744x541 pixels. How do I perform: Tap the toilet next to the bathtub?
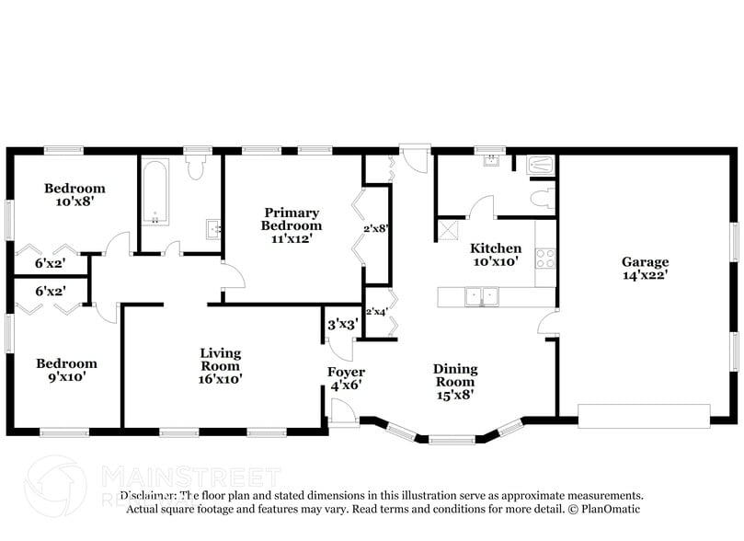[x=195, y=167]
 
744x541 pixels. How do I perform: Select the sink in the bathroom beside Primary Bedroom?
[x=212, y=228]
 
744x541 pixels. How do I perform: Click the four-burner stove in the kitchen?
[x=545, y=258]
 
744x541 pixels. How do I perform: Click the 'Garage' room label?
[x=645, y=262]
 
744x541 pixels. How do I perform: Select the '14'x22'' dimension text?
[x=645, y=274]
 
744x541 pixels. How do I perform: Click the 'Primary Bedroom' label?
[x=291, y=219]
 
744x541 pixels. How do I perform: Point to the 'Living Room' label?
[x=221, y=360]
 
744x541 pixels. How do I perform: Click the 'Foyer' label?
[x=346, y=372]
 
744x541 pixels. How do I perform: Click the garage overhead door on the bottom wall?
[x=645, y=415]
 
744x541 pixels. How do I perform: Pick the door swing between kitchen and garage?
[x=548, y=322]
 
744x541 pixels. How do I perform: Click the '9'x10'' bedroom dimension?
[x=66, y=377]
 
